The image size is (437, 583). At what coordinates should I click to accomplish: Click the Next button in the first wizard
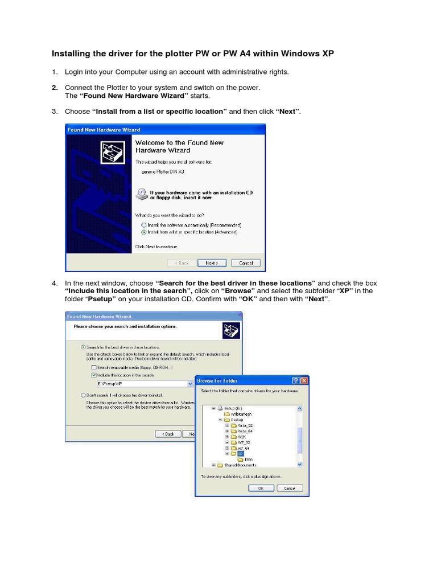tap(212, 263)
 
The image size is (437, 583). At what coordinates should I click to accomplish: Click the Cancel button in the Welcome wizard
tap(246, 263)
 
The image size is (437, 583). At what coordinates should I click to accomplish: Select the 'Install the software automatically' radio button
tap(144, 225)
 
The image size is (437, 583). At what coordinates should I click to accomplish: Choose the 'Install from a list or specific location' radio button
tap(144, 232)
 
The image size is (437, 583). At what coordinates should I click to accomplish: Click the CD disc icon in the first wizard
tap(141, 194)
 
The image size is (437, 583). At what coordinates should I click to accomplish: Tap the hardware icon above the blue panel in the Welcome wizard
tap(112, 151)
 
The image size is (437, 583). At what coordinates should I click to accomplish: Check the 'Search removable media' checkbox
tap(94, 368)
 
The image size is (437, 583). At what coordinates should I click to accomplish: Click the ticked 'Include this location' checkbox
tap(94, 376)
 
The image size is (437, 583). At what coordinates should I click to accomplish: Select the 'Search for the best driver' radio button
tap(84, 347)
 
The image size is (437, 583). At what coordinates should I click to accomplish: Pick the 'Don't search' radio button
tap(84, 395)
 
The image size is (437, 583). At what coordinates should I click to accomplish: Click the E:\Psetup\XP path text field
tap(142, 384)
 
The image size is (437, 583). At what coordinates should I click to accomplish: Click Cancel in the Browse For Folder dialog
tap(289, 488)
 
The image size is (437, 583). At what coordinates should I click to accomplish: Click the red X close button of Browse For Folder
tap(304, 380)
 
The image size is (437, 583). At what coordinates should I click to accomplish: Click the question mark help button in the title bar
tap(295, 380)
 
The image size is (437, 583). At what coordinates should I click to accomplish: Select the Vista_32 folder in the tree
tap(245, 425)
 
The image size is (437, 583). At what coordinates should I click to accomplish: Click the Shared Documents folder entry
tap(238, 465)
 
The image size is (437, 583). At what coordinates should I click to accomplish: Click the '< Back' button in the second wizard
tap(168, 434)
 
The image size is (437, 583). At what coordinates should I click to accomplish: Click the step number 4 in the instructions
tap(55, 284)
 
